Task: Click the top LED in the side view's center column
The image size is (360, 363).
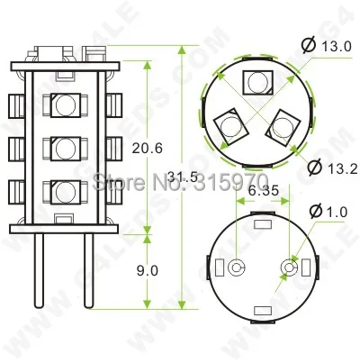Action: pos(64,104)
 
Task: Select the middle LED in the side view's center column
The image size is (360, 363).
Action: pos(64,147)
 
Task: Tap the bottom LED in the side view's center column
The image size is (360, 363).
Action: pos(64,191)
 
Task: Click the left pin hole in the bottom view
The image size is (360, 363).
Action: pos(236,268)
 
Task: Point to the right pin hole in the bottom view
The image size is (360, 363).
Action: pos(291,268)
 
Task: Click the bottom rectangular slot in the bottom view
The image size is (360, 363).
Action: pos(263,311)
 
